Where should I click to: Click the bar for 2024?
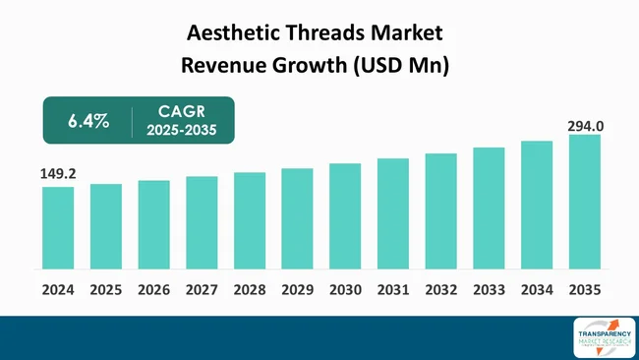(x=58, y=227)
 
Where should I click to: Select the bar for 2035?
(x=585, y=202)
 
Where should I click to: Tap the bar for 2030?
(x=345, y=215)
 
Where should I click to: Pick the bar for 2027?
(x=202, y=222)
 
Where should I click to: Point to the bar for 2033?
(x=489, y=208)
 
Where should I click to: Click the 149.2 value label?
(x=58, y=174)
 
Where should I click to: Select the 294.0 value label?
(x=585, y=126)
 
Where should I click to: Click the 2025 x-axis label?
(x=106, y=290)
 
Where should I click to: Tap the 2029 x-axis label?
(x=297, y=290)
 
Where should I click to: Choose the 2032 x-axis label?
(x=440, y=290)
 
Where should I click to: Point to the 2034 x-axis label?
(x=537, y=290)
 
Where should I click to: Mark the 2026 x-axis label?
(x=153, y=290)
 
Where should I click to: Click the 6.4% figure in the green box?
(x=87, y=122)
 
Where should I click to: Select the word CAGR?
(x=181, y=112)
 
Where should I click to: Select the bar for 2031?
(x=393, y=213)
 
